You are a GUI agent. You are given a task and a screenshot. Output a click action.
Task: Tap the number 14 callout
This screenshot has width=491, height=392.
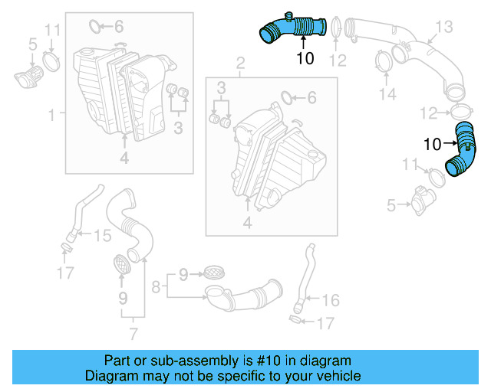click(x=388, y=94)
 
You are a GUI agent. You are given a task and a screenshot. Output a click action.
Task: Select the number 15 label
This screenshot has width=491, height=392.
click(x=102, y=237)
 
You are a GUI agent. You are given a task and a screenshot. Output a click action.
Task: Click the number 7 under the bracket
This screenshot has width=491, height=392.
click(x=133, y=333)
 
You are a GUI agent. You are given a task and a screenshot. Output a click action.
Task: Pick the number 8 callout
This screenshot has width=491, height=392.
click(x=156, y=289)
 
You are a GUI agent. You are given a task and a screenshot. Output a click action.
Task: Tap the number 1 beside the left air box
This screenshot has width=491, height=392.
click(x=51, y=116)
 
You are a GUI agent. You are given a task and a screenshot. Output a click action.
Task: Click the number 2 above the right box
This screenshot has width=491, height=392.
click(x=240, y=61)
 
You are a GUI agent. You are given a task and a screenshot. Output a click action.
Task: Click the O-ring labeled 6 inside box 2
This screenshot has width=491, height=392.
click(x=287, y=98)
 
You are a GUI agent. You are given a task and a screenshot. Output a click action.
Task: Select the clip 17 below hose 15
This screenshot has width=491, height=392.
click(x=67, y=247)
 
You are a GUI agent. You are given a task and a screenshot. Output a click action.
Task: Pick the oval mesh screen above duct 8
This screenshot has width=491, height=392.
click(x=213, y=272)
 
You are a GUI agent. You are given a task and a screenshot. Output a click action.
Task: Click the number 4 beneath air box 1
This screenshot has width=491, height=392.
click(x=124, y=158)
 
